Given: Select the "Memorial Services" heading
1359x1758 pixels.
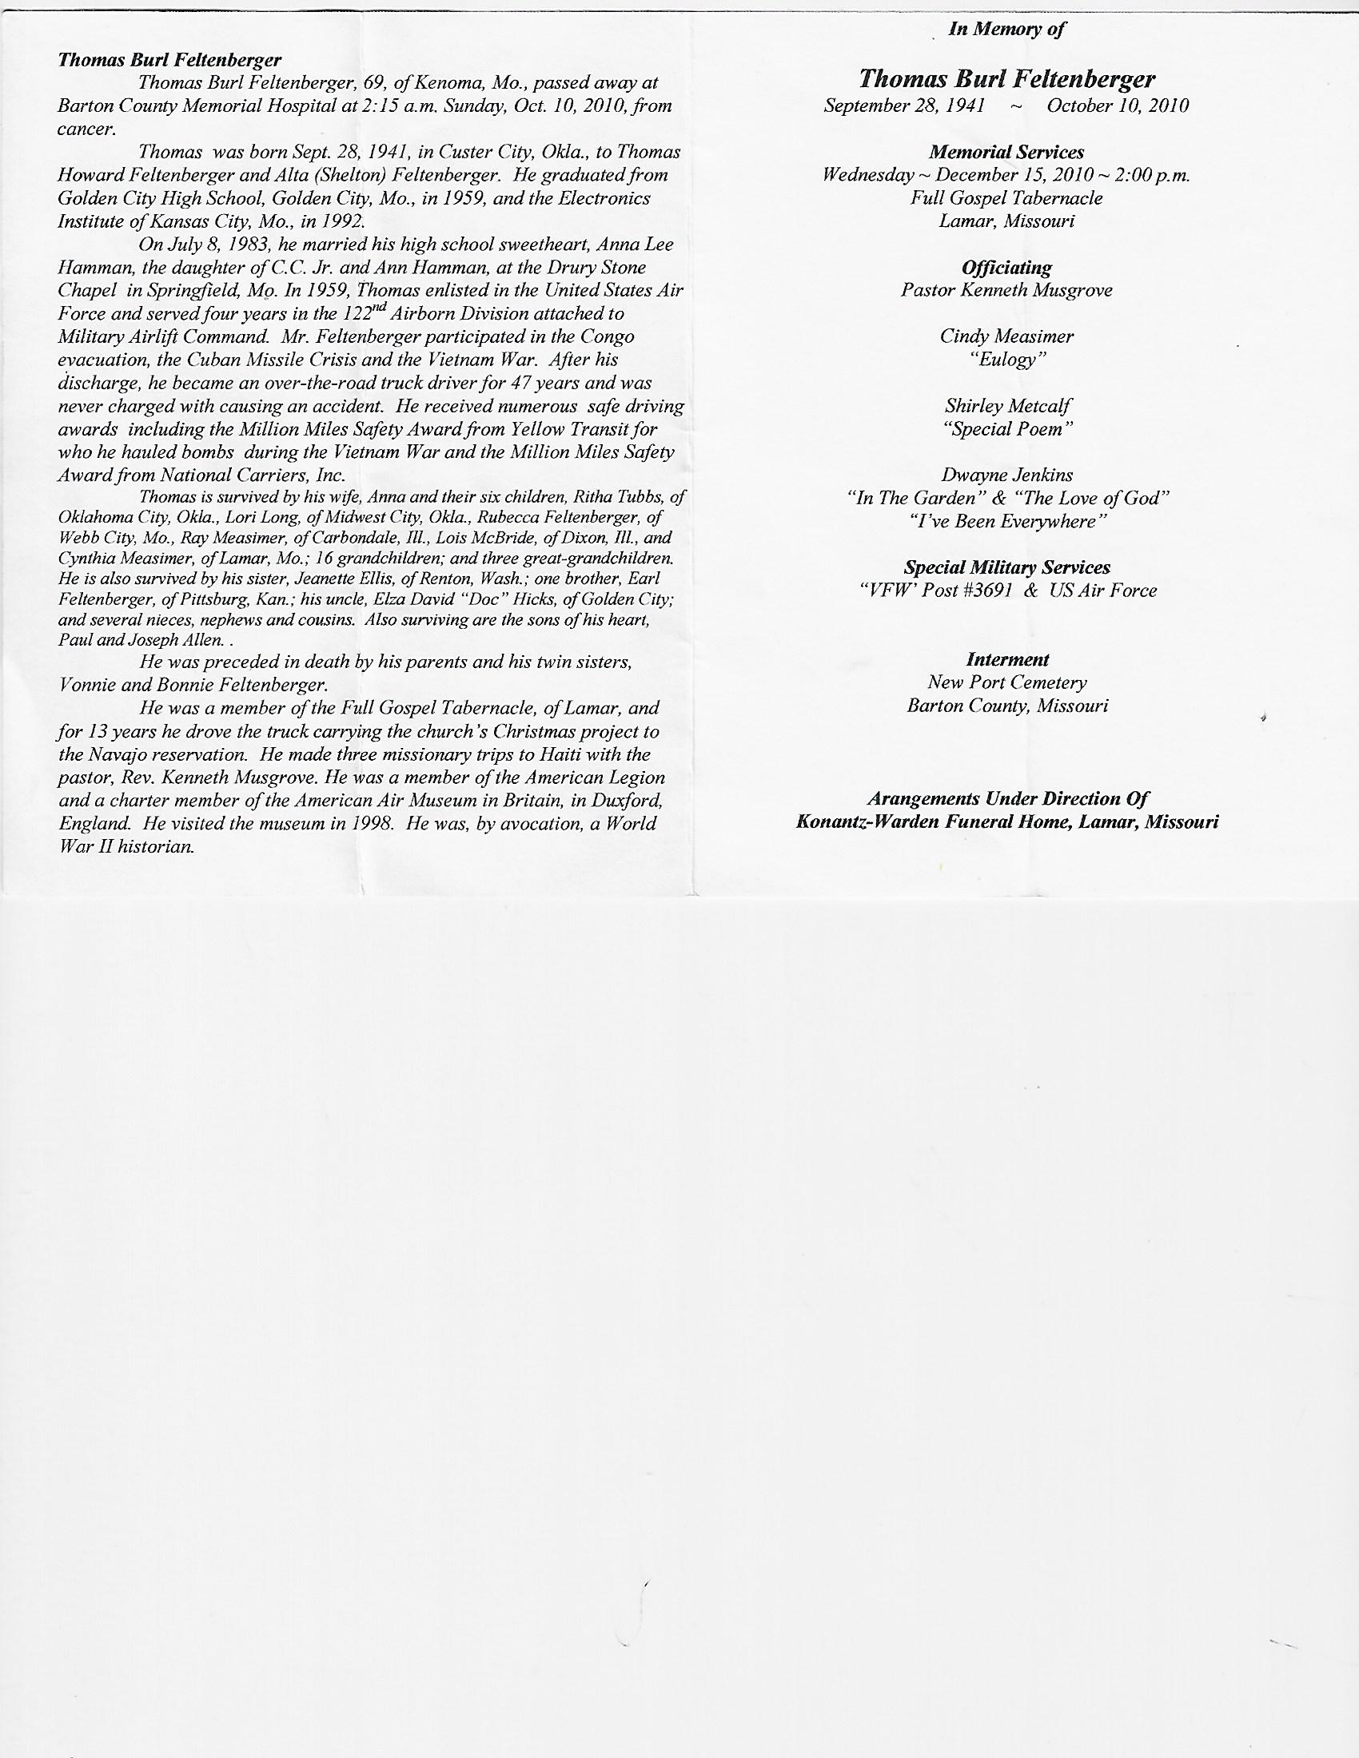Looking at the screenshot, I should point(1006,152).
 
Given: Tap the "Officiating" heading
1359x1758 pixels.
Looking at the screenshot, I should point(1006,267).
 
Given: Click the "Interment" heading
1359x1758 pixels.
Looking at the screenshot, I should point(1007,659).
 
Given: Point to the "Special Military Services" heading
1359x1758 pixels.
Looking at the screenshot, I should point(1007,567).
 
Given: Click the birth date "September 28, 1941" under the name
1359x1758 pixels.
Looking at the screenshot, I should point(904,105).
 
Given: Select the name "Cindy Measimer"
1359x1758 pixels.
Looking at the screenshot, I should point(1006,336).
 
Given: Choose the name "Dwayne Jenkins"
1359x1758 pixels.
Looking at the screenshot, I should point(1007,475).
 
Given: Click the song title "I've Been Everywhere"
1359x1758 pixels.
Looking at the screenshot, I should point(1007,521).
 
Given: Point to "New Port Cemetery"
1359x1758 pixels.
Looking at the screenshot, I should point(1007,682).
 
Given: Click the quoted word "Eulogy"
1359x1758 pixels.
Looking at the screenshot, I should point(1007,359).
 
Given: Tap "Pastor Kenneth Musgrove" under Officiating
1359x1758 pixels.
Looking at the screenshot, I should point(1006,290).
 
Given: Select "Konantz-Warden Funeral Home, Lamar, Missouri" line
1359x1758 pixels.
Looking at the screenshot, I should point(1006,821).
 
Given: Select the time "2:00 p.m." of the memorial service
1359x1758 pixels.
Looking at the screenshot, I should point(1152,175).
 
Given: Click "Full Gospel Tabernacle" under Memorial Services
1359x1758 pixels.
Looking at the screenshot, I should point(1006,198).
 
